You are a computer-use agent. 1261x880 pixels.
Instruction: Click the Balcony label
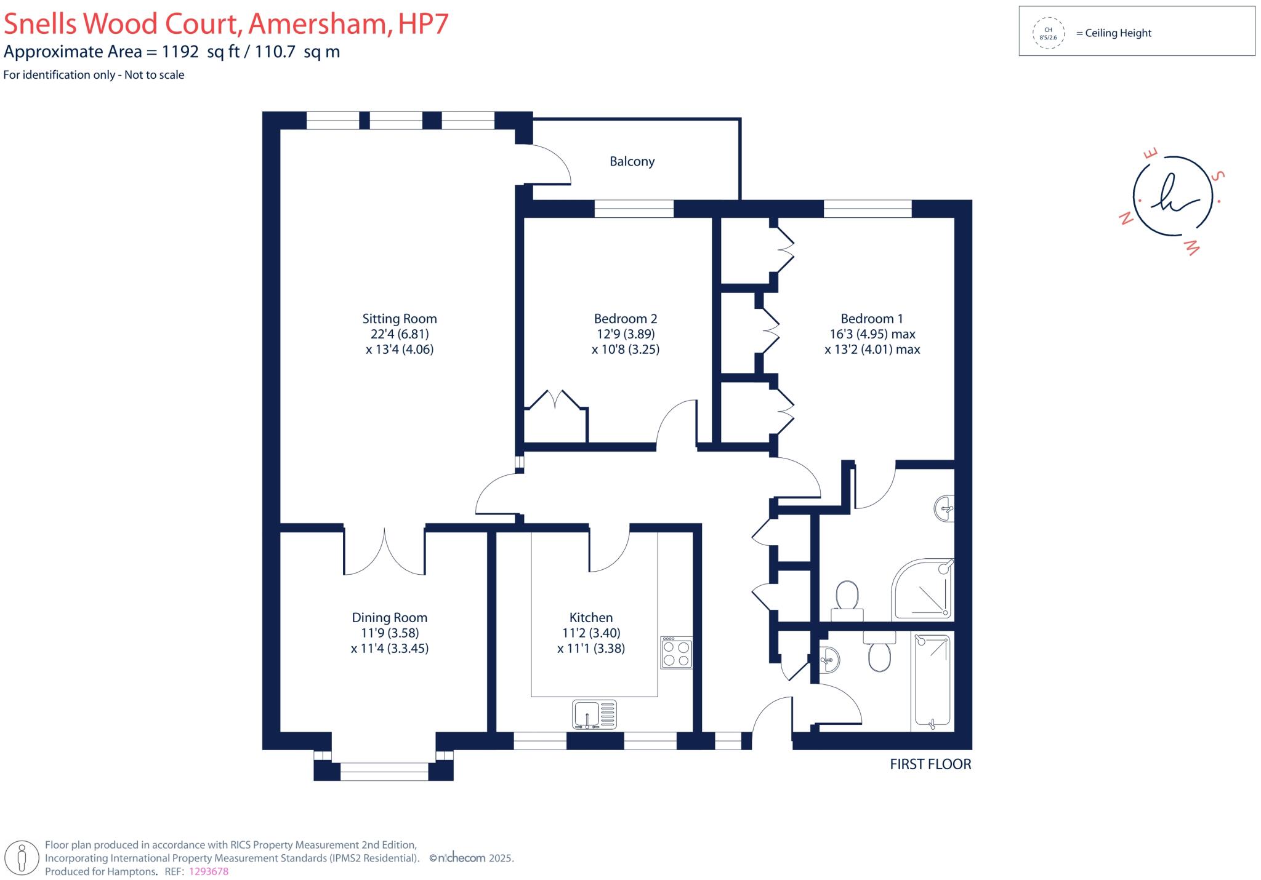632,161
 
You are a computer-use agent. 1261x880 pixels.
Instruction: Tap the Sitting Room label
400,319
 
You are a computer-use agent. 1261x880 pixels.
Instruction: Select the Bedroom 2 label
626,319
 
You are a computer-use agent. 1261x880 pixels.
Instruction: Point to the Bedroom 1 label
872,319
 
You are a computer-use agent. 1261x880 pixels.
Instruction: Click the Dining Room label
390,618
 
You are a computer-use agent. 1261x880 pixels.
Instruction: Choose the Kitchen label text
591,618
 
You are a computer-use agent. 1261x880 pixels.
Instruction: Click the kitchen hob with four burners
677,652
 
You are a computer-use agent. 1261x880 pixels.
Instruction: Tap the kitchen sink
594,714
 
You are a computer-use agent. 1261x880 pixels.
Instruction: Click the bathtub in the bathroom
932,682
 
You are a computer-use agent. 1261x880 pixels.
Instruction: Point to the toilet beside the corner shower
847,601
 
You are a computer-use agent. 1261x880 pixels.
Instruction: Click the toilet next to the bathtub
879,651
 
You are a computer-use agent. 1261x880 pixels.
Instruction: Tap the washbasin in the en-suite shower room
945,509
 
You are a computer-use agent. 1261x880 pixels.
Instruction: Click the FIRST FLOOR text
930,764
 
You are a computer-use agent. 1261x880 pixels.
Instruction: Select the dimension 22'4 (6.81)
400,334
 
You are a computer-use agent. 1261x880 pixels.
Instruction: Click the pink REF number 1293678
209,871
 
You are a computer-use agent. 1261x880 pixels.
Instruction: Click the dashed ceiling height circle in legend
1048,33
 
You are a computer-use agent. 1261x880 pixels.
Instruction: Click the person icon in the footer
23,858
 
